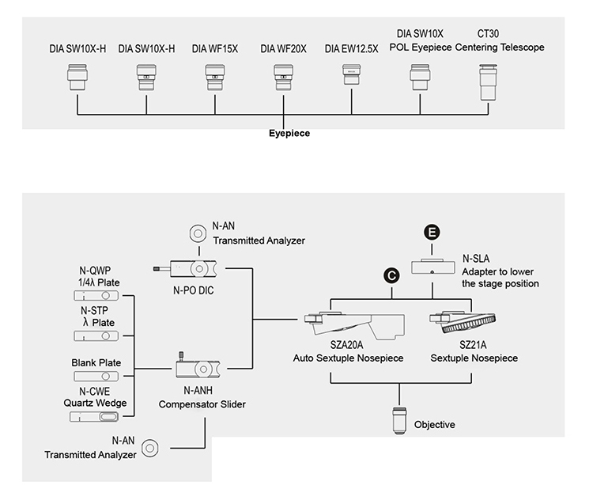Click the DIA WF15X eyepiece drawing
[x=214, y=80]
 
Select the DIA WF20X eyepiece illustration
[x=284, y=80]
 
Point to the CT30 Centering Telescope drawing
[x=488, y=81]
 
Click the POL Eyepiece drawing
[x=419, y=79]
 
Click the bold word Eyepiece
[x=289, y=134]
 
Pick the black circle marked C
[x=392, y=274]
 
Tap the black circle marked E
[x=432, y=232]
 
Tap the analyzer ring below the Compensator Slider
[x=149, y=449]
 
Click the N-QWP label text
[x=99, y=270]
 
